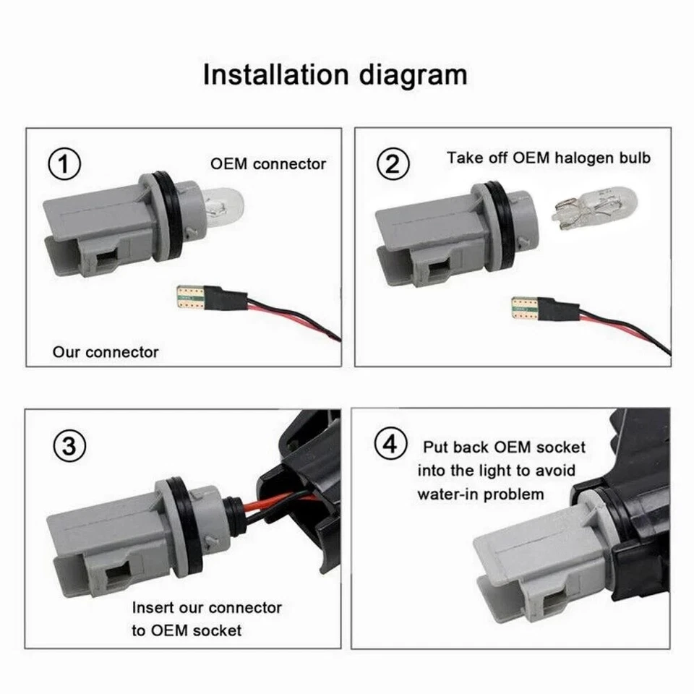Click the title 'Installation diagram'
click(335, 74)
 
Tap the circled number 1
click(65, 165)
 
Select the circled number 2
click(393, 165)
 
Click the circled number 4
click(390, 443)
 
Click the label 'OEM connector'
click(268, 164)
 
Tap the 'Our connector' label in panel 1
click(106, 353)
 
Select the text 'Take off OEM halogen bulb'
click(548, 157)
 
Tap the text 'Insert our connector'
click(207, 607)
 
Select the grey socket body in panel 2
click(427, 231)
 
